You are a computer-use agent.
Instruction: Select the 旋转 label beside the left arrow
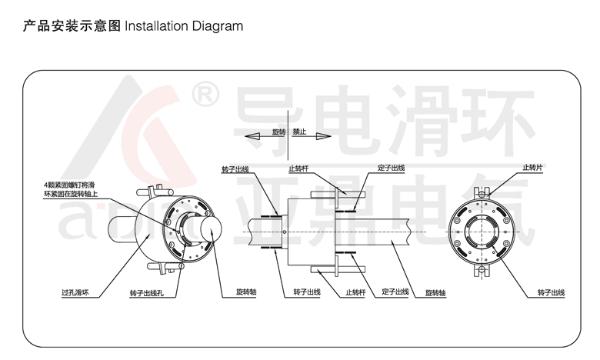(278, 133)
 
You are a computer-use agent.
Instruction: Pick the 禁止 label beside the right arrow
(299, 133)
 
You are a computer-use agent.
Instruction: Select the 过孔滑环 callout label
(75, 293)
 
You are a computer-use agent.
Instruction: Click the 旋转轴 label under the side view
(435, 293)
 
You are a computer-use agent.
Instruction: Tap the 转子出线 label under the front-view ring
(551, 293)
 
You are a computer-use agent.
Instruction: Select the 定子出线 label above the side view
(392, 167)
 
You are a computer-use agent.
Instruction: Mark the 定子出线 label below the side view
(393, 292)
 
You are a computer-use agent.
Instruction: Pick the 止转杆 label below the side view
(355, 293)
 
